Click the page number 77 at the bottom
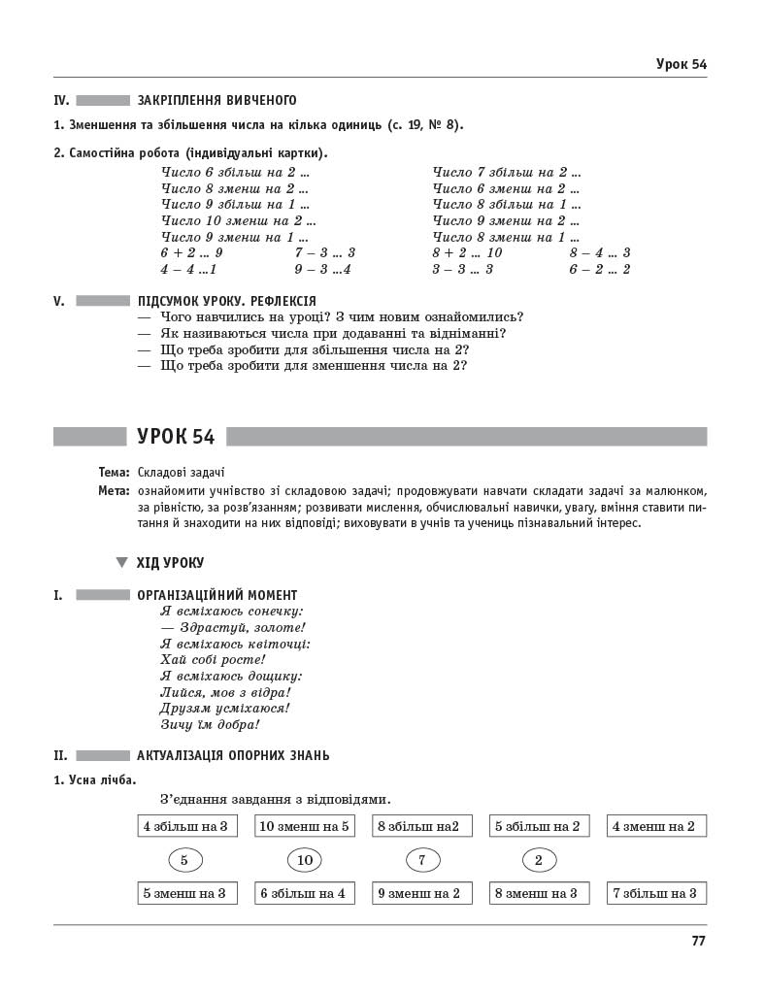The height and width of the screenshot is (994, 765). [698, 941]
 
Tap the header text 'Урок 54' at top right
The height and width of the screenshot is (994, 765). [681, 64]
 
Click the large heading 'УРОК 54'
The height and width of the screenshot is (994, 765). [176, 437]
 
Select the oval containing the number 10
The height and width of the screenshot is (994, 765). [304, 860]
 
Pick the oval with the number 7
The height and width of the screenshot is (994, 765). [422, 860]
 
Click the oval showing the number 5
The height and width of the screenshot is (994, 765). [184, 860]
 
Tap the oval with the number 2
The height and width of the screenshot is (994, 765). [539, 860]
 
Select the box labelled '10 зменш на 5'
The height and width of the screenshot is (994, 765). [304, 827]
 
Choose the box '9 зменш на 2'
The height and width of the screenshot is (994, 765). [418, 893]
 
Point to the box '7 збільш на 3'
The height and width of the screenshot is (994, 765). [655, 893]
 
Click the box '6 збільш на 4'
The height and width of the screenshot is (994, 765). [303, 893]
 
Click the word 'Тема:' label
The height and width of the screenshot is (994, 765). [114, 472]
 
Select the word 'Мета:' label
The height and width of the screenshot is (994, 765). [114, 490]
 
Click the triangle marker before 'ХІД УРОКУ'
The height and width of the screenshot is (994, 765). [121, 562]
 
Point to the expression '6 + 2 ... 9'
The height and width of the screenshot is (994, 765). [192, 252]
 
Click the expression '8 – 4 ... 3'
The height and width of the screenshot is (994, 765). [599, 252]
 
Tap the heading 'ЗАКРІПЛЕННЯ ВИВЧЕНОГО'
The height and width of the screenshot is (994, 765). [217, 100]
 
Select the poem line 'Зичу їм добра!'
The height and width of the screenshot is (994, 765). [210, 724]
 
